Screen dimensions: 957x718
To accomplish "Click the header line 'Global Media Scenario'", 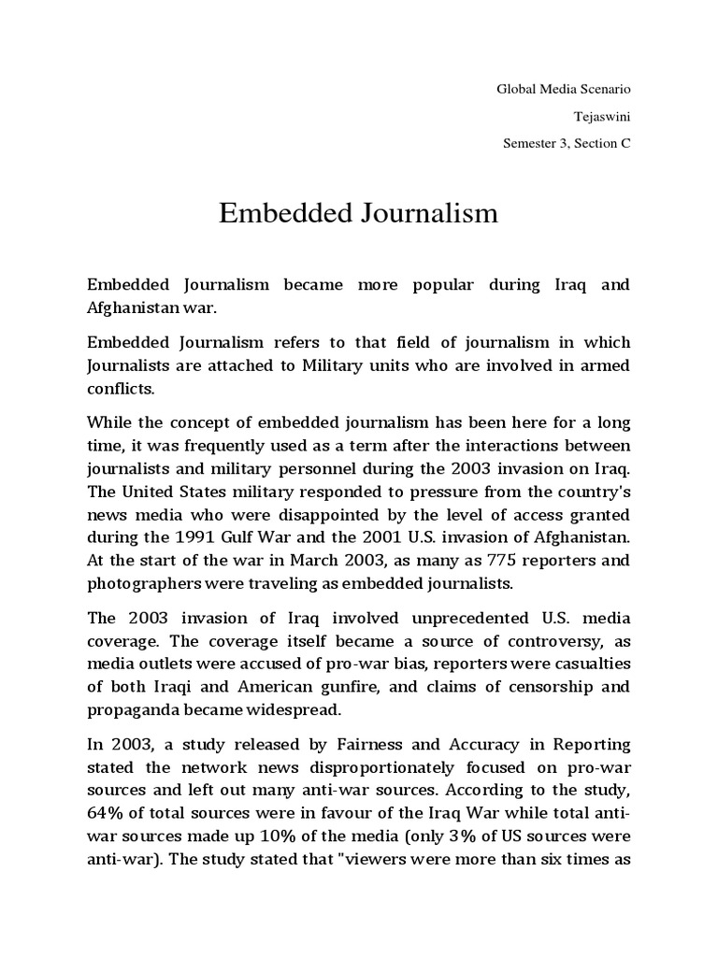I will (563, 90).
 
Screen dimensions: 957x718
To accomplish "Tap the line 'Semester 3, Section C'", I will (567, 144).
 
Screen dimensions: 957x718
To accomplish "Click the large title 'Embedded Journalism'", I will (358, 214).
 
